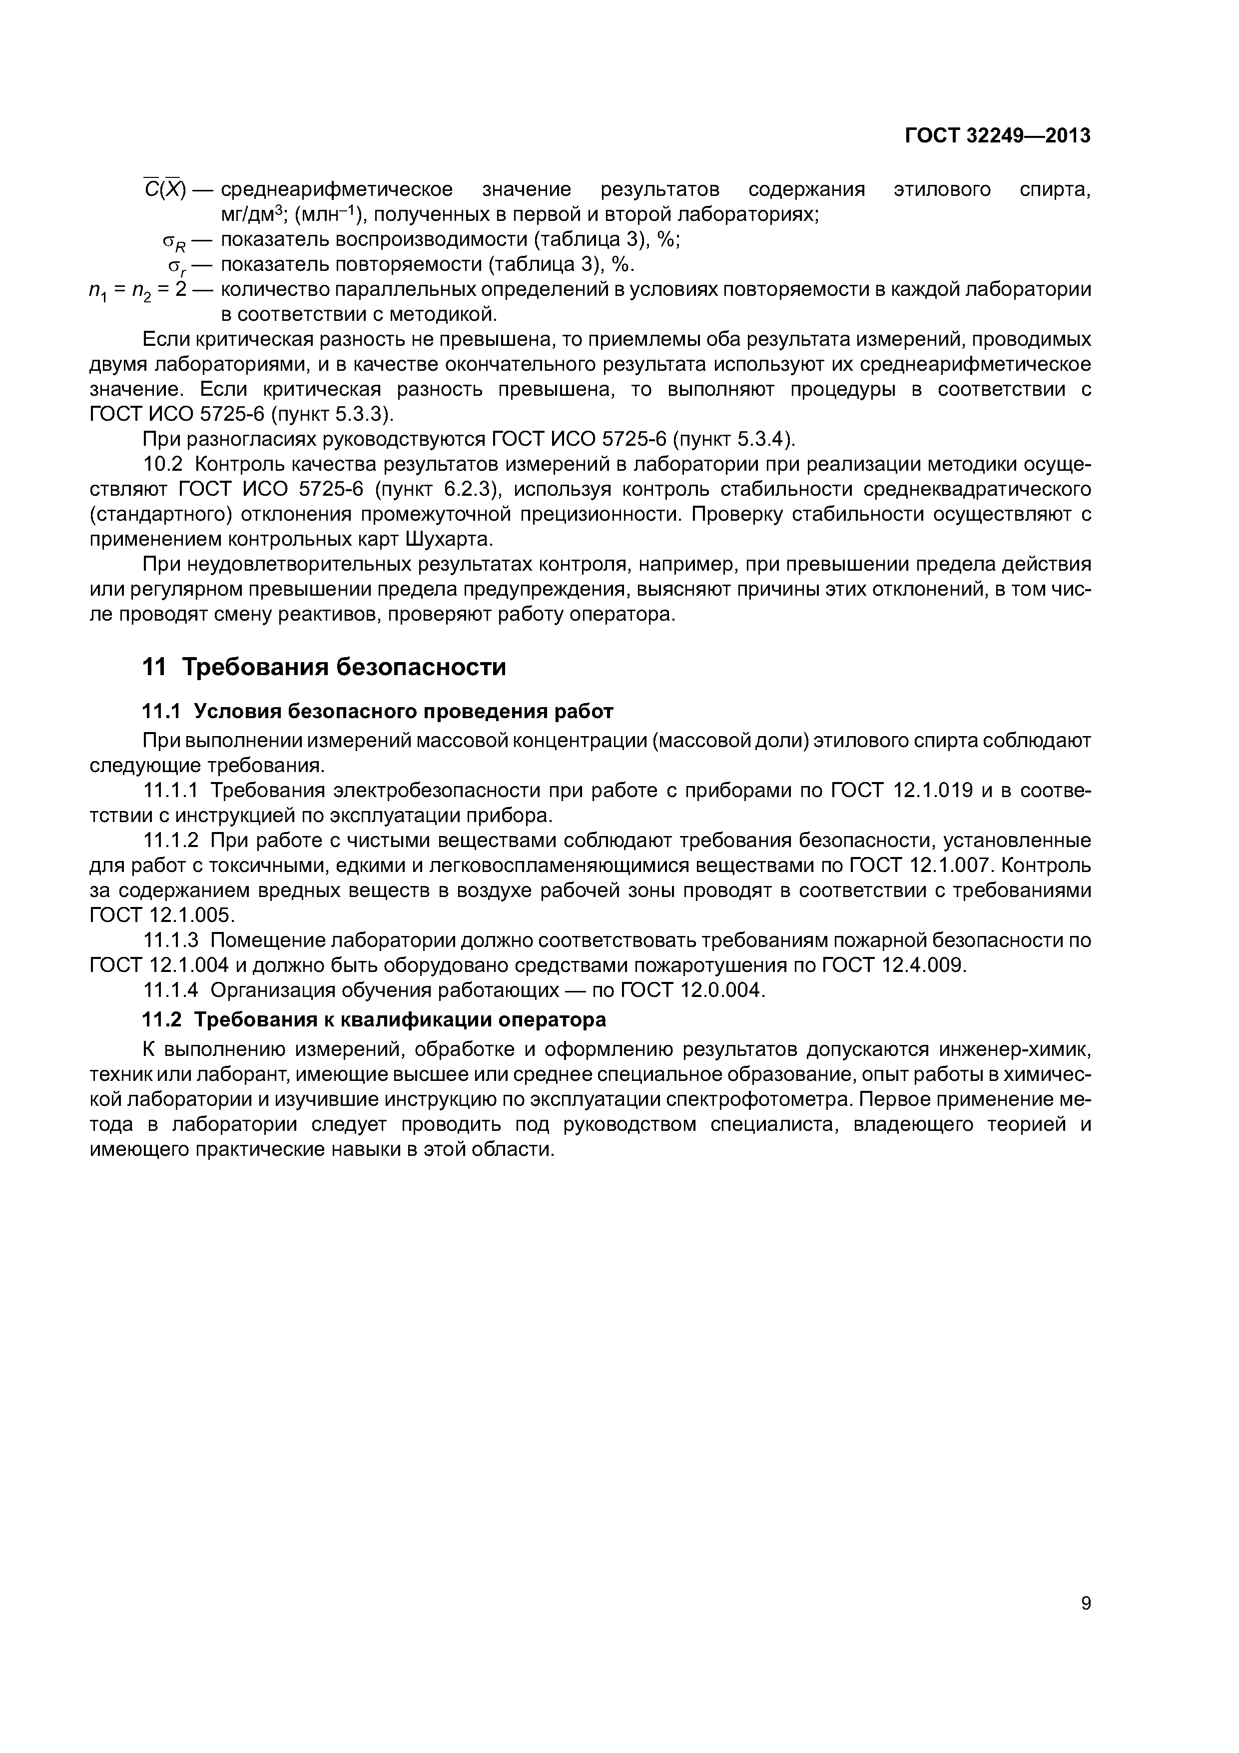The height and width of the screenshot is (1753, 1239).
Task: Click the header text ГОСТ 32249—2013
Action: (x=997, y=136)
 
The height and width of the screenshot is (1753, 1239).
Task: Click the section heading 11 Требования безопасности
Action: (x=324, y=667)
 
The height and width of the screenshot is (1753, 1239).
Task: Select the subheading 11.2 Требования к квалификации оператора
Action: (x=375, y=1020)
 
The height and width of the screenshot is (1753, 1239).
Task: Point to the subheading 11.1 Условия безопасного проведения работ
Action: (x=378, y=712)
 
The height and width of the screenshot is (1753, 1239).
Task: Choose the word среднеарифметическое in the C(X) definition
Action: (x=337, y=189)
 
